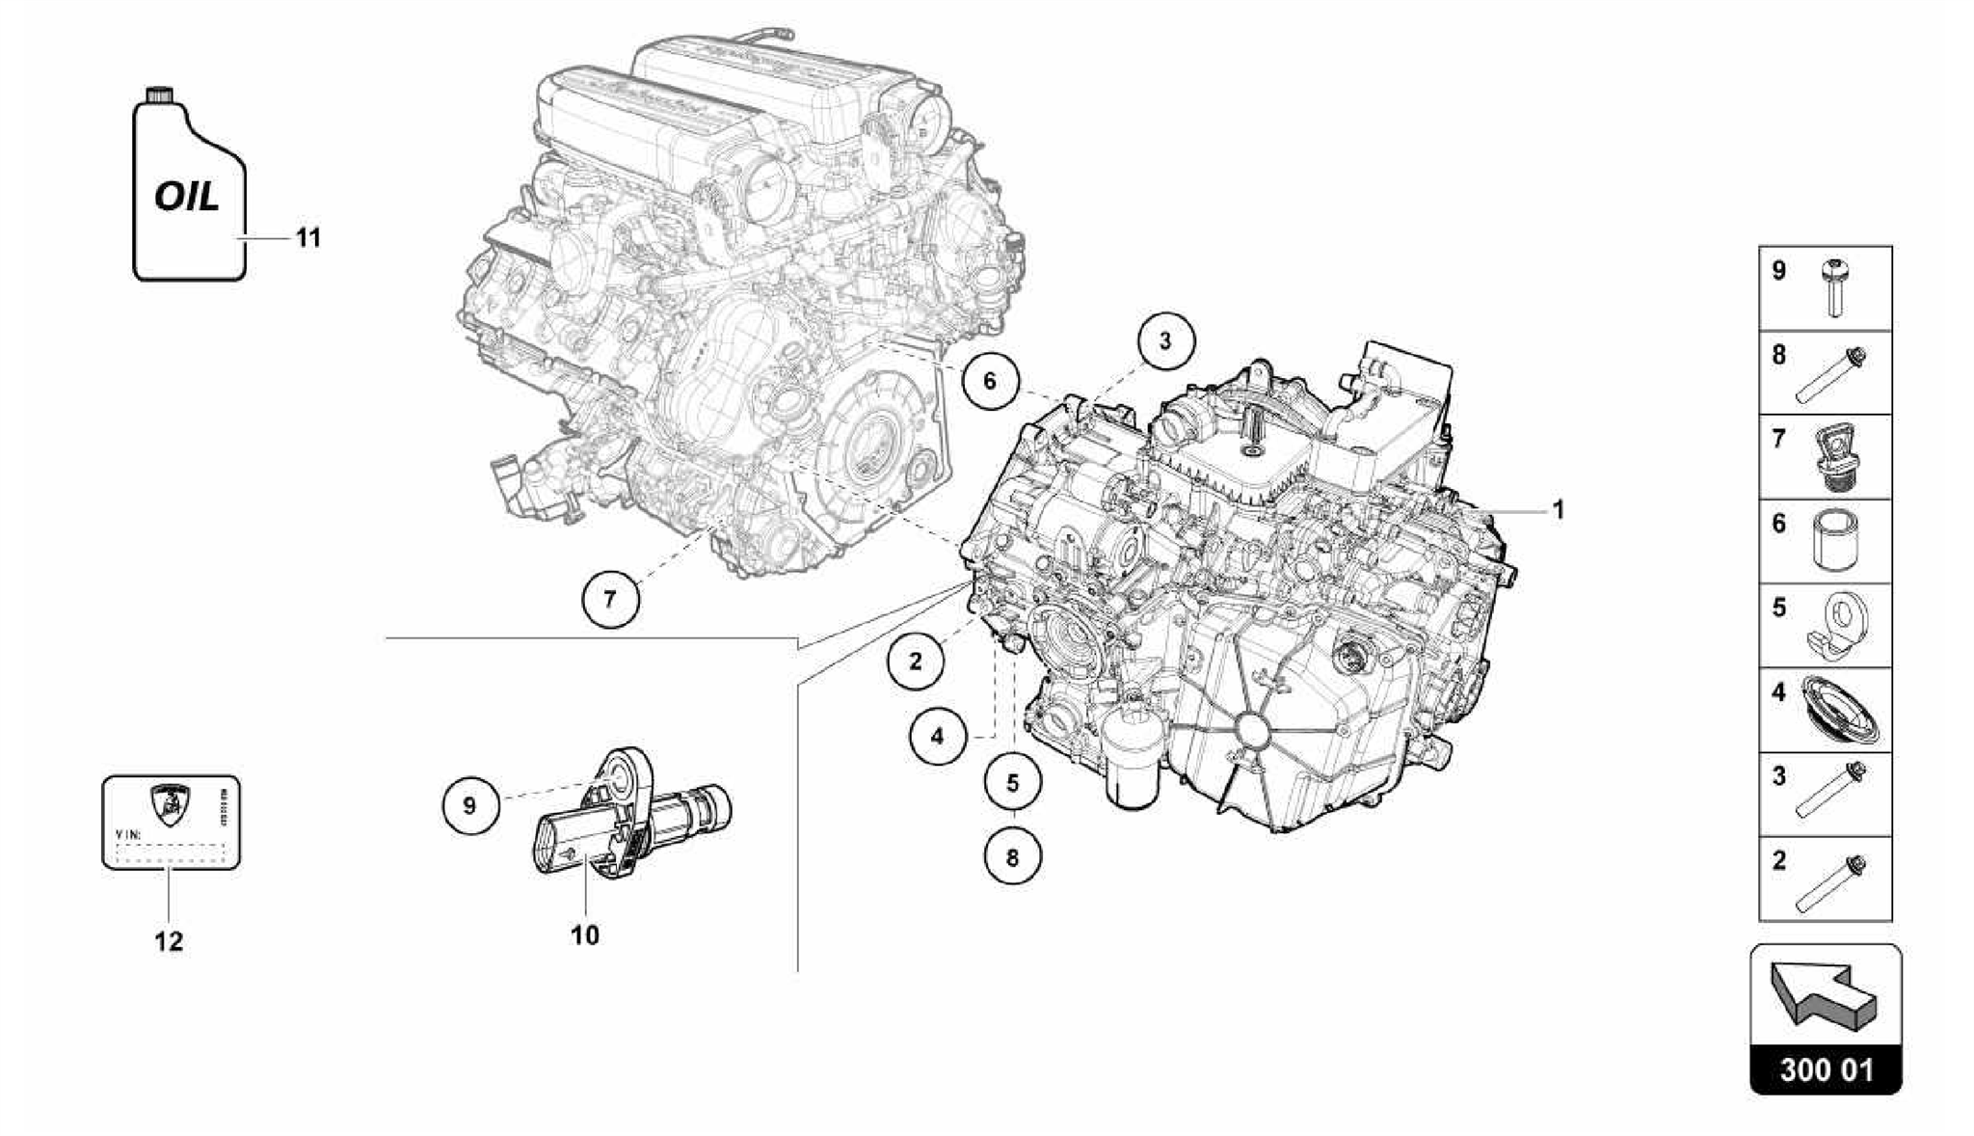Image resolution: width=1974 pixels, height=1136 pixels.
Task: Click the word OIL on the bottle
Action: click(188, 198)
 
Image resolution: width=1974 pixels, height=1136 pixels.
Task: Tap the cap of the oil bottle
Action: click(158, 94)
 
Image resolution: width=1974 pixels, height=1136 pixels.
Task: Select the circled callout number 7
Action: click(609, 599)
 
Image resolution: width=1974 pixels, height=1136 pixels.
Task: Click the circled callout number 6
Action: click(989, 381)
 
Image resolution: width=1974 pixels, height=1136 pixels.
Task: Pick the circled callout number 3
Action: click(1164, 340)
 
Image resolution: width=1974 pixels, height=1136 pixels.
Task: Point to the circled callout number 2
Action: click(915, 662)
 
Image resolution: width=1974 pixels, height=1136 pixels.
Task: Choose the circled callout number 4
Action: click(937, 739)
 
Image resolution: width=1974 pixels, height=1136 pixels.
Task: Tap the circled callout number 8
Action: click(1012, 856)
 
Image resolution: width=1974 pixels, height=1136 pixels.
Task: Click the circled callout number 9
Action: click(469, 804)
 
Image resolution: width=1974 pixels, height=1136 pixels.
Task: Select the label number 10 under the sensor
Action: click(585, 934)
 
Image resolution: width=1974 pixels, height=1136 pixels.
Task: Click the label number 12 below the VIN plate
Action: click(169, 941)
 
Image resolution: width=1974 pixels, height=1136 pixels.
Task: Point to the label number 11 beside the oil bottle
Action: click(307, 237)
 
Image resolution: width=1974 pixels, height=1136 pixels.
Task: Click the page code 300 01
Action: click(1826, 1070)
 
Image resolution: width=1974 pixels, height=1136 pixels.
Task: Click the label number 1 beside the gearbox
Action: click(1557, 510)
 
